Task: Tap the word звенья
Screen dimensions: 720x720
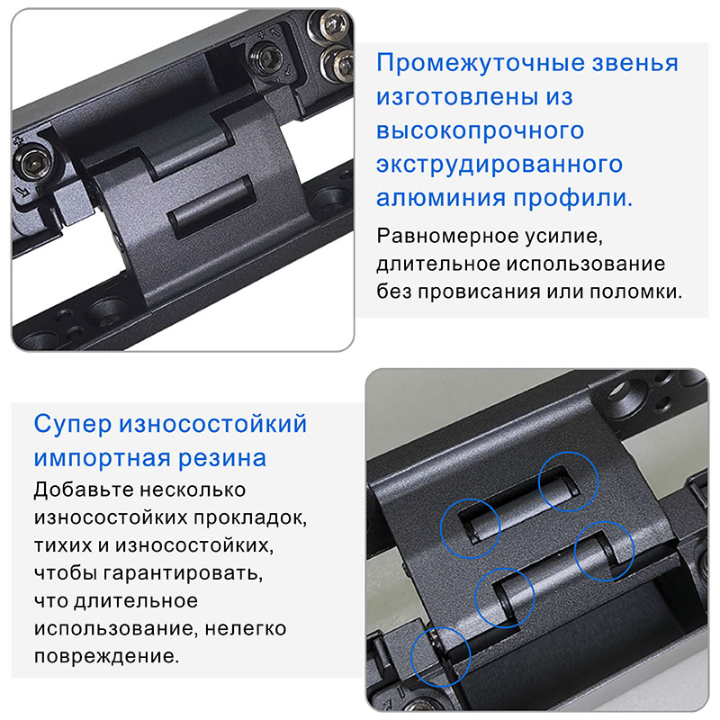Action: [x=634, y=64]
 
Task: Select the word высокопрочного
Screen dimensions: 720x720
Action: [x=481, y=130]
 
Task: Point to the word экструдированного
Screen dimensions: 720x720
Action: [x=499, y=165]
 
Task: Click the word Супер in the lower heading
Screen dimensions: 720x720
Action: [x=72, y=424]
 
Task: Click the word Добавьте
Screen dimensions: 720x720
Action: [x=80, y=490]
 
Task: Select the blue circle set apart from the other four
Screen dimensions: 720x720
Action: [x=439, y=653]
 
